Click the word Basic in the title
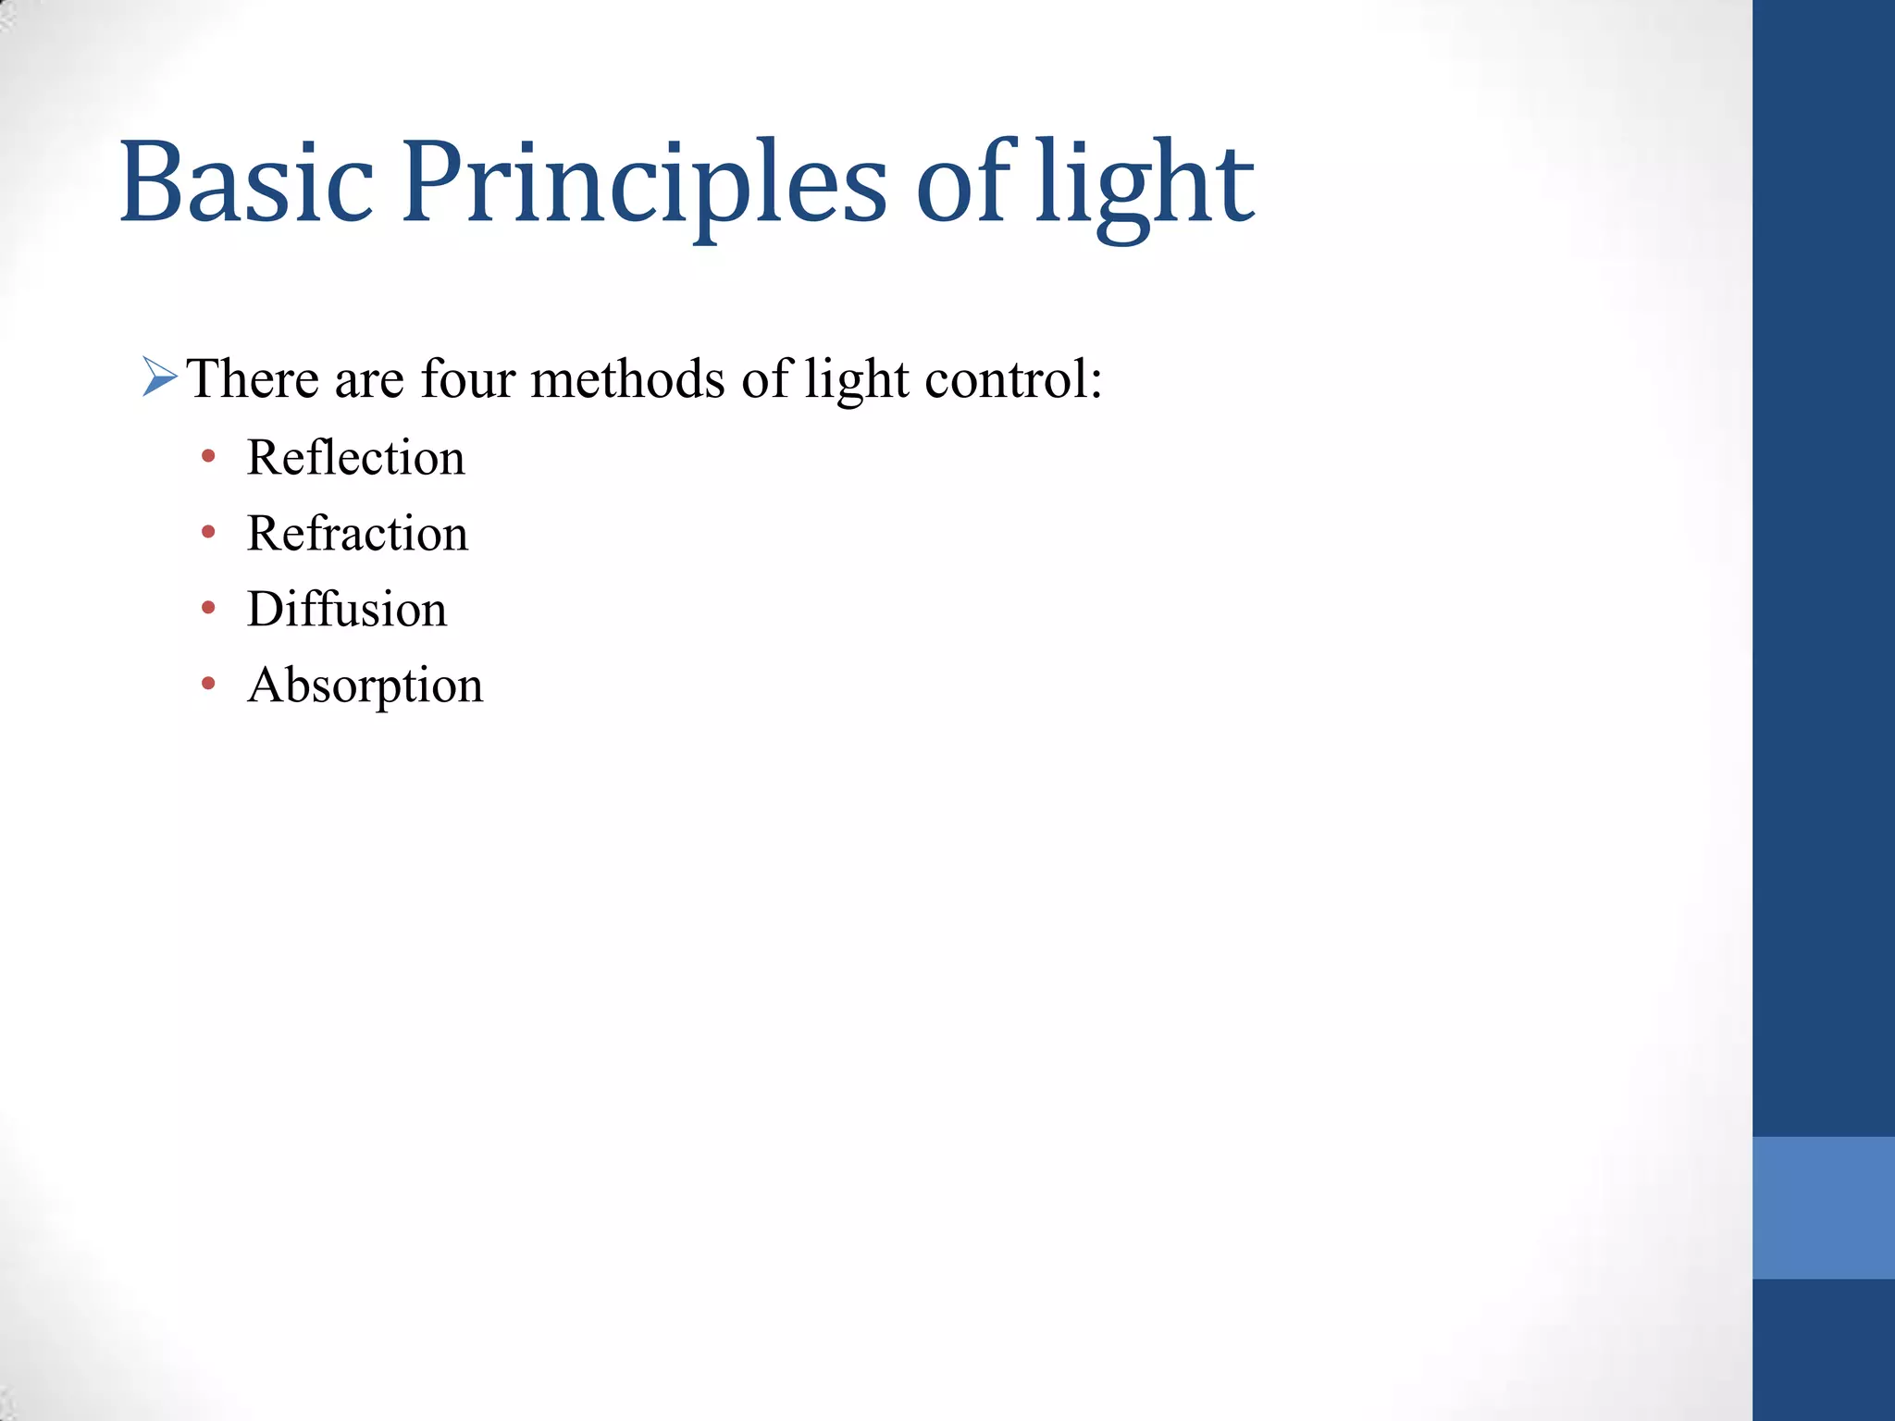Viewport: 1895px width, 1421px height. (246, 182)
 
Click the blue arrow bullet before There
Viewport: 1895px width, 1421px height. (159, 377)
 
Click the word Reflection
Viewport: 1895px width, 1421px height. (355, 457)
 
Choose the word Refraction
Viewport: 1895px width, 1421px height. (357, 534)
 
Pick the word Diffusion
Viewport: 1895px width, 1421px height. (347, 610)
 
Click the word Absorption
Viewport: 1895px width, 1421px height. (365, 686)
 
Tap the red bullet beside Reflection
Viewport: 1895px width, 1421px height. (208, 456)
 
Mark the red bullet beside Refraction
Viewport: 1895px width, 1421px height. (208, 532)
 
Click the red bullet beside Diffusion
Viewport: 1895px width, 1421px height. (208, 608)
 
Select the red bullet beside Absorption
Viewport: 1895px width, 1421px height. (208, 684)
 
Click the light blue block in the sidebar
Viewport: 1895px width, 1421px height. (1823, 1207)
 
